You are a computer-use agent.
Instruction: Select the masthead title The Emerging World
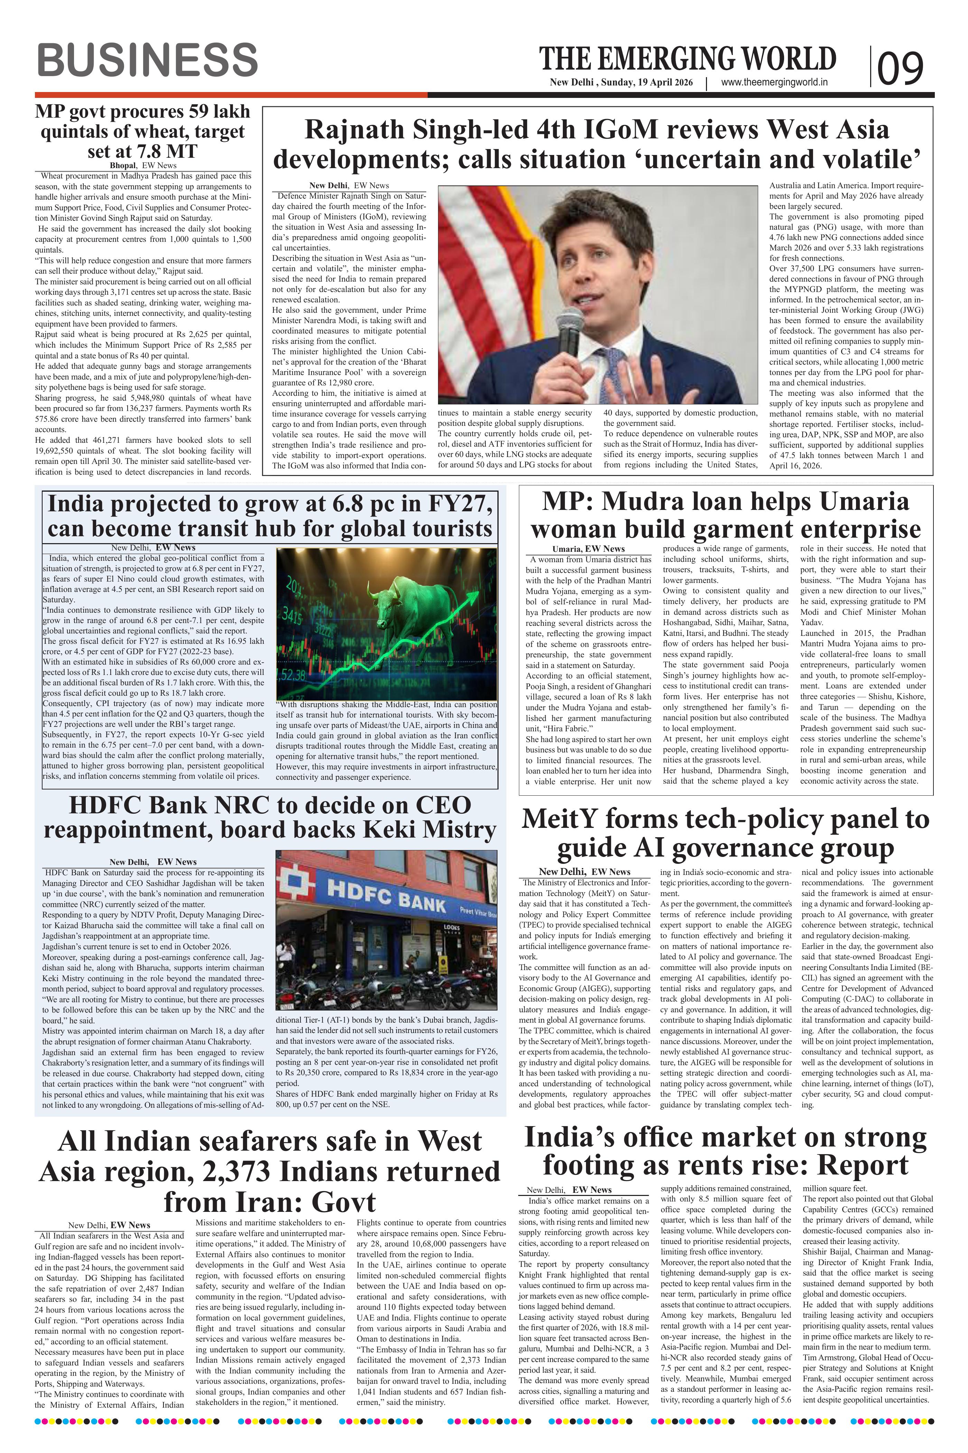coord(688,59)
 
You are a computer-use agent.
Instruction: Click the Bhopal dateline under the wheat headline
coord(123,166)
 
